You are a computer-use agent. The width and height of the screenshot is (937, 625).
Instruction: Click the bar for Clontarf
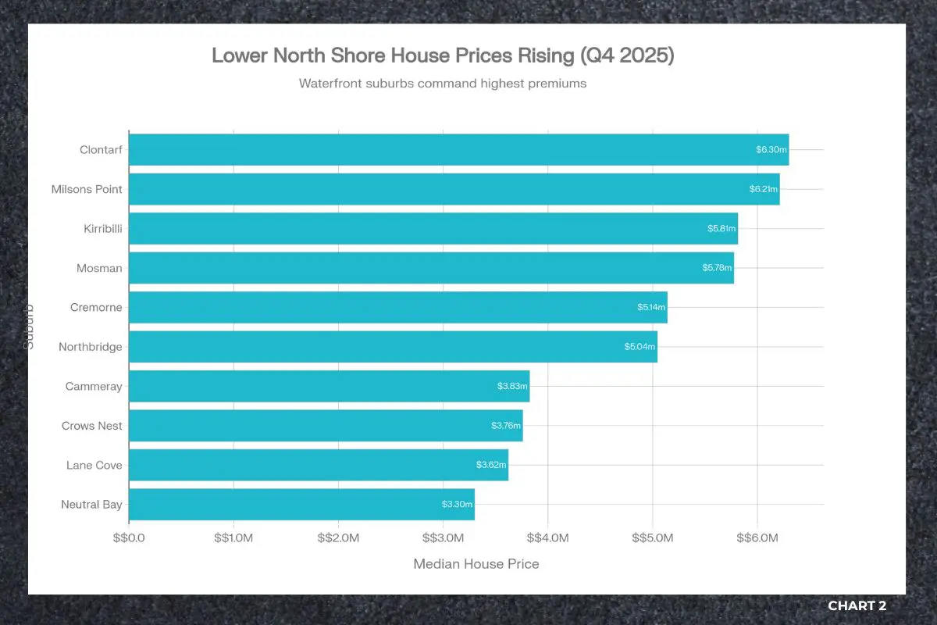click(x=458, y=149)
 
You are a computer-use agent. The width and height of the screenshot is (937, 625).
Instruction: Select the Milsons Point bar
click(x=454, y=189)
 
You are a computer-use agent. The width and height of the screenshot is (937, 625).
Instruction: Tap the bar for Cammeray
click(x=329, y=386)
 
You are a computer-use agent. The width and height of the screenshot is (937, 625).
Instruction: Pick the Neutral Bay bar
click(x=301, y=504)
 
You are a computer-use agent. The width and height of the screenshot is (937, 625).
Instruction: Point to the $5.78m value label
click(x=718, y=268)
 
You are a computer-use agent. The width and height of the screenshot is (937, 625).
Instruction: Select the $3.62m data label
click(x=491, y=465)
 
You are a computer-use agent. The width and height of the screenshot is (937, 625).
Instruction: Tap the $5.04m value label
click(x=640, y=347)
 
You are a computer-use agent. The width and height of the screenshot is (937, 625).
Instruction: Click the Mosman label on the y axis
click(x=99, y=268)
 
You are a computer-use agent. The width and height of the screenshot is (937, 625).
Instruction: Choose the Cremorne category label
click(x=96, y=307)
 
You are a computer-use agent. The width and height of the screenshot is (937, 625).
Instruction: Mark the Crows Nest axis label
click(x=92, y=426)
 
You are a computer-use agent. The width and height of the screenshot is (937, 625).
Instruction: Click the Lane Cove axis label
click(x=94, y=465)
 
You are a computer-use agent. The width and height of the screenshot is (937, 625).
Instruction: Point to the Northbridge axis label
click(x=91, y=347)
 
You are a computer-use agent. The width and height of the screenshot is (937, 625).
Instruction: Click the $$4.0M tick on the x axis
click(x=547, y=538)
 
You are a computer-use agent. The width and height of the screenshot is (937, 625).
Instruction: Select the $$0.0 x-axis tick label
click(x=129, y=538)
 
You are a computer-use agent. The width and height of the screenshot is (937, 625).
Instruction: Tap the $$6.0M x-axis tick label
click(x=757, y=538)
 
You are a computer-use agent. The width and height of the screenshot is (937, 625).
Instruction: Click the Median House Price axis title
click(x=476, y=564)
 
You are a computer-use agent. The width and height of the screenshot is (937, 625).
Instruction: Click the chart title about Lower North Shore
click(x=442, y=56)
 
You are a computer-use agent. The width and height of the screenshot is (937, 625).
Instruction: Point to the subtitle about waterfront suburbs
click(x=442, y=83)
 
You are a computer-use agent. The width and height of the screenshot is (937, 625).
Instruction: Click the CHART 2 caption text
click(x=857, y=605)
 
